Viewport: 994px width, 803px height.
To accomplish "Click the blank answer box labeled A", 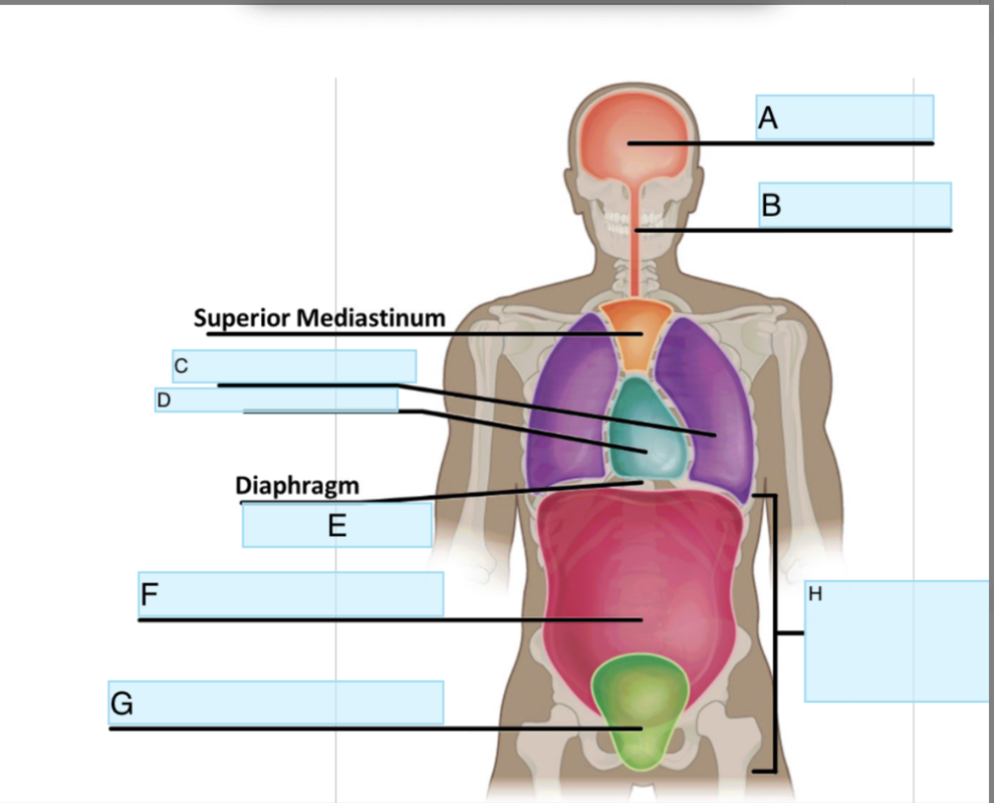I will (x=844, y=117).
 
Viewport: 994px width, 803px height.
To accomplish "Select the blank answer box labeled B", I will (x=855, y=204).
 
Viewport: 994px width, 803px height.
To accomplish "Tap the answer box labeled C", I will (x=294, y=366).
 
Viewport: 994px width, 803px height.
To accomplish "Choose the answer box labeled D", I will (x=276, y=400).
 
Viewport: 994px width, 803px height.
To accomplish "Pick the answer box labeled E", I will (x=337, y=525).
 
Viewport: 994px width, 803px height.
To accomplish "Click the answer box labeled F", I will (x=291, y=594).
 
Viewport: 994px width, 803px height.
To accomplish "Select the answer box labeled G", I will (x=276, y=702).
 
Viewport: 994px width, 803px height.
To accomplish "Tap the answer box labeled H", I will (x=897, y=641).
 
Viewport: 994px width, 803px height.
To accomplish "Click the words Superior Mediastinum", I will (x=320, y=317).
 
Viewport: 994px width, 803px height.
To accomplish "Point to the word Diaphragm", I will (x=297, y=486).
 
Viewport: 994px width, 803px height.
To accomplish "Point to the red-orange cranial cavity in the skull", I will (x=633, y=142).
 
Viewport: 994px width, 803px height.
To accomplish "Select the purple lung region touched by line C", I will (x=712, y=400).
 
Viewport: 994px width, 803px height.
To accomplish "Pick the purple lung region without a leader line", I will (x=570, y=408).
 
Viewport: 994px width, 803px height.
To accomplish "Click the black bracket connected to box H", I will (x=776, y=633).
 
